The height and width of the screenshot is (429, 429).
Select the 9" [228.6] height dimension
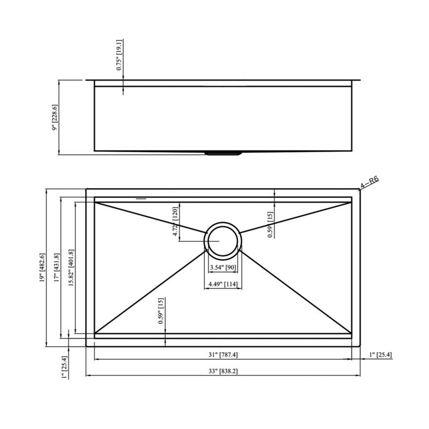pos(54,117)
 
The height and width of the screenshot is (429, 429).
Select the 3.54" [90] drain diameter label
pos(222,267)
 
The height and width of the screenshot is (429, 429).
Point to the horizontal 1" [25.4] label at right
pos(380,355)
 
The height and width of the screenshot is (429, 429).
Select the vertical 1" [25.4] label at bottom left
pos(65,368)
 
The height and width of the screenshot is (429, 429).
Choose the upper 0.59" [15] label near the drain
pos(270,224)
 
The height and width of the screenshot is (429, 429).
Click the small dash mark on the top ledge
pos(141,198)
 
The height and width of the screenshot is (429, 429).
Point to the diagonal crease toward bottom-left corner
pos(150,291)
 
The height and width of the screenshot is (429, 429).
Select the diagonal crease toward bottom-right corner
pos(295,291)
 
